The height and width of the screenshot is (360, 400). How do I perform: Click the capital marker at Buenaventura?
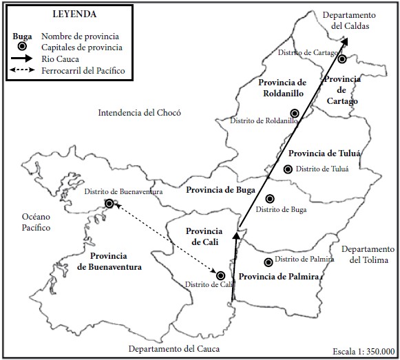point(109,203)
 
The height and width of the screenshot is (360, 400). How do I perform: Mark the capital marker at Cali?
point(221,275)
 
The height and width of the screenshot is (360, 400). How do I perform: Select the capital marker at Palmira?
point(268,262)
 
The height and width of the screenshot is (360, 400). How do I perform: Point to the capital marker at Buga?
point(270,198)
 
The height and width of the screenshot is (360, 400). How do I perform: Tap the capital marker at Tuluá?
point(288,169)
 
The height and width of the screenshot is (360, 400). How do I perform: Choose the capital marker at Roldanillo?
point(295,113)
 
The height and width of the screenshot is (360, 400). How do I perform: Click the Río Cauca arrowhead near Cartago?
point(344,41)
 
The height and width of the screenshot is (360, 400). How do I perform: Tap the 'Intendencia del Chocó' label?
point(139,112)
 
